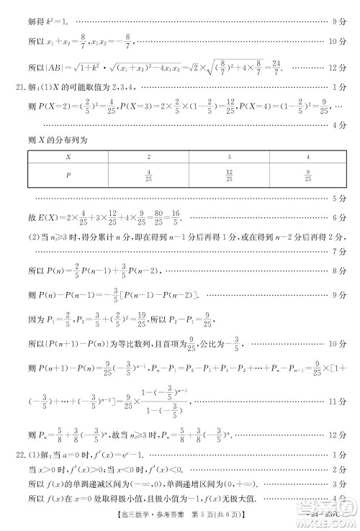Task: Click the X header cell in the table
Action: coord(68,157)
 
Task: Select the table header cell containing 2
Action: coord(148,157)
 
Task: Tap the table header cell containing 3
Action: coord(228,157)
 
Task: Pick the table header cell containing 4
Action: coord(307,157)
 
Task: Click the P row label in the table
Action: coord(68,175)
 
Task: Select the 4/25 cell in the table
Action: coord(148,175)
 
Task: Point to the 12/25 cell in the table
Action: coord(228,175)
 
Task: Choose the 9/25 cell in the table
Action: coord(307,175)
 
